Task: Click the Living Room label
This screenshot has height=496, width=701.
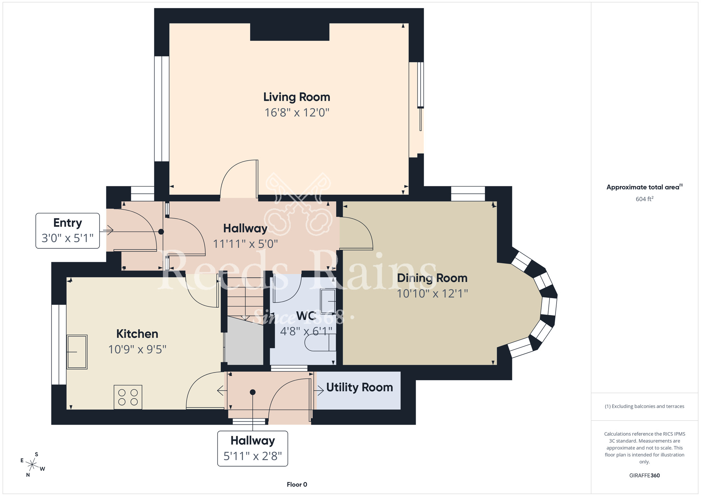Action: [297, 97]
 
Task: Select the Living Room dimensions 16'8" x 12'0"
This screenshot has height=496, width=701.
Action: [297, 113]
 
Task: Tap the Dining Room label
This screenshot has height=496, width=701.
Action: [432, 278]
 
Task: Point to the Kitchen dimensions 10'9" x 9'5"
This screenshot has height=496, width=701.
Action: [137, 349]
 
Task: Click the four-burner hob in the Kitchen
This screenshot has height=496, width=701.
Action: [128, 397]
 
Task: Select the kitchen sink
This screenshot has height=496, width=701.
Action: [77, 352]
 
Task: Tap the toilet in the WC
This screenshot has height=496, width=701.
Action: [320, 342]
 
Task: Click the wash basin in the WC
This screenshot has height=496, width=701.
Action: [328, 301]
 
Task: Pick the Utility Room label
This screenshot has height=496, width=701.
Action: [360, 387]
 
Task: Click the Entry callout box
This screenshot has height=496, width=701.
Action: [68, 231]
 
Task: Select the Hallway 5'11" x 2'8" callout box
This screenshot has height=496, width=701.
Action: [253, 449]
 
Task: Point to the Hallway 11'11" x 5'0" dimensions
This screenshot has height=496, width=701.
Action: [245, 244]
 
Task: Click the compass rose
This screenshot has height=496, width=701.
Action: [32, 465]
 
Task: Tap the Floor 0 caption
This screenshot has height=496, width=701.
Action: [297, 484]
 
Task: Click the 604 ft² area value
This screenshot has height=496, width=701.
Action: [645, 199]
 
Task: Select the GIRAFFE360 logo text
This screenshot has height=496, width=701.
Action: [645, 476]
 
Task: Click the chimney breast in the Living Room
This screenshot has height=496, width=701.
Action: [290, 32]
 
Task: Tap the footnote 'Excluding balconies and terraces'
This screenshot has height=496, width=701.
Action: [645, 406]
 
